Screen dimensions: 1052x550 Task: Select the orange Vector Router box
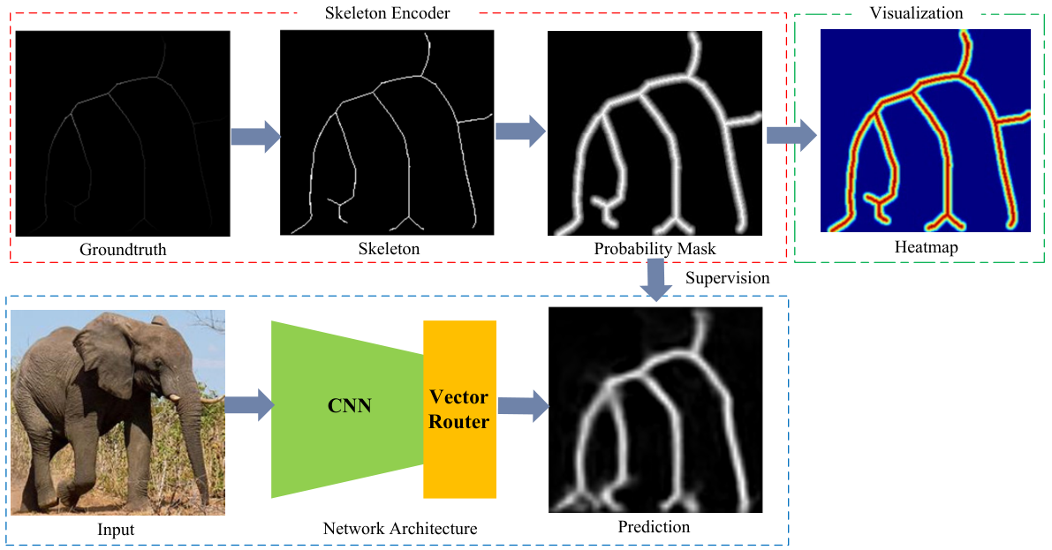pyautogui.click(x=459, y=409)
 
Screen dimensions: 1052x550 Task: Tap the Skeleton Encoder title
pyautogui.click(x=387, y=12)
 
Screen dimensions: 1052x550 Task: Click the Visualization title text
pyautogui.click(x=916, y=12)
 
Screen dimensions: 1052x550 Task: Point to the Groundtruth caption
pyautogui.click(x=123, y=250)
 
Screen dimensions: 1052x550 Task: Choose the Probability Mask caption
pyautogui.click(x=655, y=249)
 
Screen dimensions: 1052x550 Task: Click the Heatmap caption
pyautogui.click(x=926, y=247)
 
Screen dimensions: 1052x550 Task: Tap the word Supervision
pyautogui.click(x=727, y=278)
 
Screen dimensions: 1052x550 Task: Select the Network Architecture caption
pyautogui.click(x=400, y=529)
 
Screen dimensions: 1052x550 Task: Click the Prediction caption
pyautogui.click(x=654, y=527)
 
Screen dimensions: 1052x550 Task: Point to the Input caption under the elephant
pyautogui.click(x=116, y=530)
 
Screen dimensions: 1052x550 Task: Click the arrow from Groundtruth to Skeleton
pyautogui.click(x=255, y=137)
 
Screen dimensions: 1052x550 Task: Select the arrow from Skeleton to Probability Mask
pyautogui.click(x=520, y=132)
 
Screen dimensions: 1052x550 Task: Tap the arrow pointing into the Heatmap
pyautogui.click(x=791, y=135)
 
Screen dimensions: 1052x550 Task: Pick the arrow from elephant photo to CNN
pyautogui.click(x=250, y=405)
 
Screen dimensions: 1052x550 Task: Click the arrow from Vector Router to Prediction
pyautogui.click(x=523, y=406)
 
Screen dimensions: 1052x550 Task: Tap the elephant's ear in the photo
pyautogui.click(x=102, y=356)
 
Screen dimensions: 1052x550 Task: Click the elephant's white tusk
pyautogui.click(x=176, y=398)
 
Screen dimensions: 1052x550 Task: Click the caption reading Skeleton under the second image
pyautogui.click(x=389, y=249)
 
